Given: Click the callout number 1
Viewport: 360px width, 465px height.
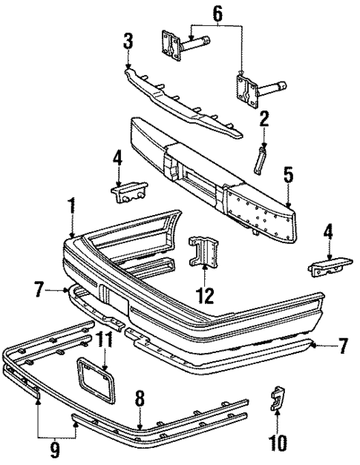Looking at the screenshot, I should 71,205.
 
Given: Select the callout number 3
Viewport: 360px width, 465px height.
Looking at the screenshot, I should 128,40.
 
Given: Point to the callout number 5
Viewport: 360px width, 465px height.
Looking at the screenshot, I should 288,176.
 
